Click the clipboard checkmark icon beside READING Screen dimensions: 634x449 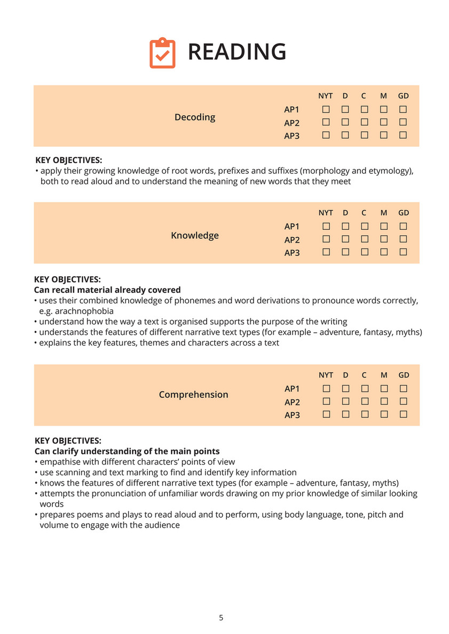tap(162, 53)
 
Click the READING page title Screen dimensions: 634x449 tap(237, 52)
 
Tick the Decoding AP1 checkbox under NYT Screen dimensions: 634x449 tap(326, 109)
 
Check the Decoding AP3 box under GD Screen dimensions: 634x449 tap(403, 135)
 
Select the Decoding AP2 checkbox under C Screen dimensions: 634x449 tap(364, 122)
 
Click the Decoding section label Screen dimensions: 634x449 tap(195, 117)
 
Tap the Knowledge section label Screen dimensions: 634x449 tap(195, 235)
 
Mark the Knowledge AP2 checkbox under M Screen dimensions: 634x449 tap(383, 239)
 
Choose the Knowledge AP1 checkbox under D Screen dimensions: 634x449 tap(345, 226)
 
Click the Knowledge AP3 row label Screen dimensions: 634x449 tap(292, 252)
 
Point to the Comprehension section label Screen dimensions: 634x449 tap(193, 395)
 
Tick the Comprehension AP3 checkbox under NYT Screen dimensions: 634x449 tap(326, 414)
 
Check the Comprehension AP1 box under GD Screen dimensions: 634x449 tap(404, 389)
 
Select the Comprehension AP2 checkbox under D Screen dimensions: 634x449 tap(345, 401)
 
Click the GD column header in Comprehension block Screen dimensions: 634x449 tap(404, 375)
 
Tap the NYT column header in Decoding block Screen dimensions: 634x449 tap(325, 96)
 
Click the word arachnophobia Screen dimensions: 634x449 tap(83, 311)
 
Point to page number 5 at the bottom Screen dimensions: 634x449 tap(221, 618)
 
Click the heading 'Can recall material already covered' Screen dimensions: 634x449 tap(107, 290)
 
